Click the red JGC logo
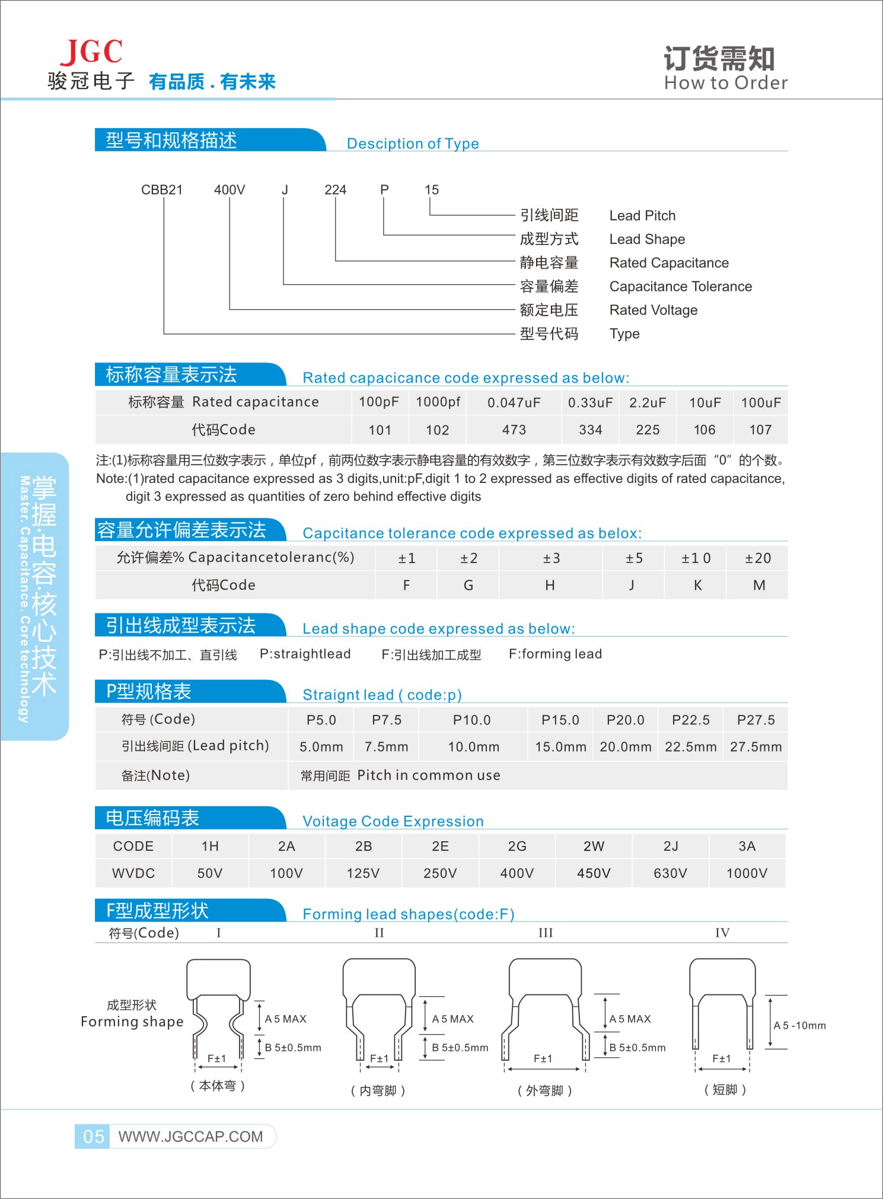click(x=91, y=52)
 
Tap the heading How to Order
click(x=726, y=82)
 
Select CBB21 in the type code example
click(x=162, y=190)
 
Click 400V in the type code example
click(x=229, y=190)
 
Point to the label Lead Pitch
click(x=642, y=215)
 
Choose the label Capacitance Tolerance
click(x=680, y=287)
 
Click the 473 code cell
click(x=514, y=430)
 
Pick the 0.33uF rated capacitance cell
click(x=590, y=402)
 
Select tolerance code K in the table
click(x=698, y=586)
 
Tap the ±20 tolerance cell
click(x=758, y=558)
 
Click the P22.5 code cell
click(x=691, y=720)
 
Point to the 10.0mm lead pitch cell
click(x=473, y=747)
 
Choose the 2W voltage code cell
click(x=594, y=846)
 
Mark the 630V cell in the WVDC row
click(x=670, y=873)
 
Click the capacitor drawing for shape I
click(x=218, y=1009)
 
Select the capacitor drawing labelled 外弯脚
click(x=545, y=1009)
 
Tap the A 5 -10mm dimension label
click(x=799, y=1025)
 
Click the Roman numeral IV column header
click(x=722, y=933)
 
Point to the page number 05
click(x=94, y=1137)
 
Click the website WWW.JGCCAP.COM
click(x=190, y=1137)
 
